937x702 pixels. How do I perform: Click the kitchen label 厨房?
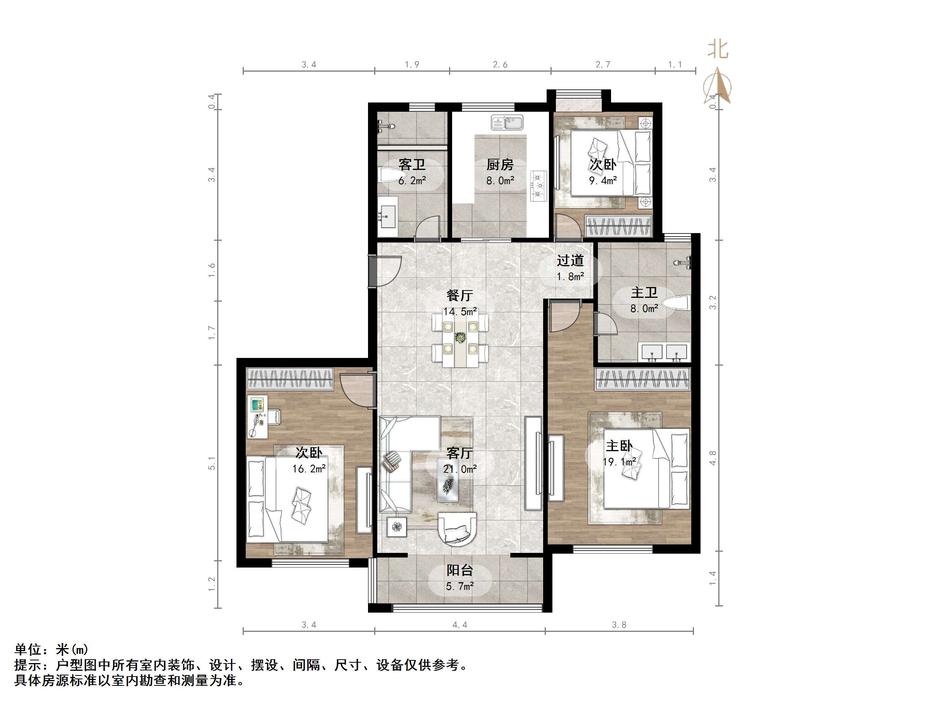[500, 164]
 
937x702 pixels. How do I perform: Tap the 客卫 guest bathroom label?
[412, 164]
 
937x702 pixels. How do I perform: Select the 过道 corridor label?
[570, 260]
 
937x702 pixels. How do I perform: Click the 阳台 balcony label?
[459, 570]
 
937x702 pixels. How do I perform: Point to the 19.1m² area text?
[619, 462]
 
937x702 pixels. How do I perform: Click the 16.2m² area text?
[309, 469]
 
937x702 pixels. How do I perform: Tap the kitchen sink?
[507, 123]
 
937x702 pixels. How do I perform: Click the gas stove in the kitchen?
[539, 186]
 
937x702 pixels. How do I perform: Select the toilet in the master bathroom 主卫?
[676, 303]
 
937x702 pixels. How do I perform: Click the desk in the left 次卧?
[258, 417]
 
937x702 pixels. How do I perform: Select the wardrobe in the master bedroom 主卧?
[642, 379]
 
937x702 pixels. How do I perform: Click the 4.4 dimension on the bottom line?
[459, 625]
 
